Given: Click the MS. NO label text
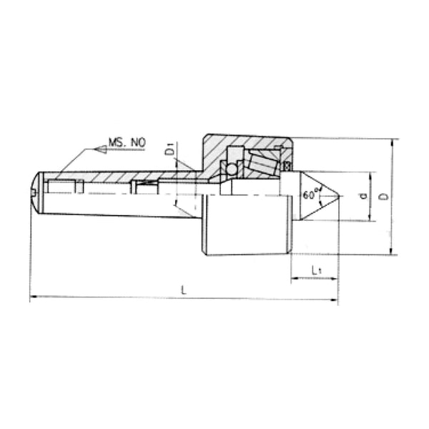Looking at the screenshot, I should pos(127,144).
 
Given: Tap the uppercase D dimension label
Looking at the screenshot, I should pos(384,196).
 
